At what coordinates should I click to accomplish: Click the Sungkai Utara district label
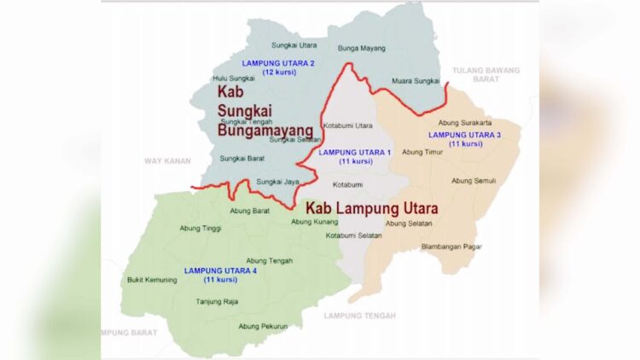point(294,44)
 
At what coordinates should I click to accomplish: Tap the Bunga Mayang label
point(362,49)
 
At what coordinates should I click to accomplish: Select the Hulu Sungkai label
point(234,78)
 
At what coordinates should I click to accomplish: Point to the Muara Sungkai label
point(415,81)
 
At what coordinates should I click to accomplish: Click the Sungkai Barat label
point(242,158)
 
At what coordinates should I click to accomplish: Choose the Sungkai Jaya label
point(278,181)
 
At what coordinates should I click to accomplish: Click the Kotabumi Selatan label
point(353,235)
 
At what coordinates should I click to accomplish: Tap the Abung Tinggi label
point(200,228)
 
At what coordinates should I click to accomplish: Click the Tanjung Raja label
point(217,301)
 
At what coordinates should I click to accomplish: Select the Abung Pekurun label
point(263,326)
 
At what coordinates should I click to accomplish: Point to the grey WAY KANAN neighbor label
point(165,160)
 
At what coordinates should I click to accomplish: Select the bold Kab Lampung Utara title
point(371,208)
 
